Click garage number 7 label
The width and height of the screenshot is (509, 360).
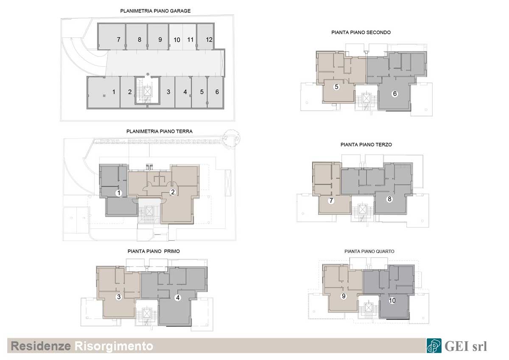point(119,39)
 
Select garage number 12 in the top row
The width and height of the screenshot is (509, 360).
point(209,39)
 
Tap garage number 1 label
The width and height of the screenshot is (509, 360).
point(114,92)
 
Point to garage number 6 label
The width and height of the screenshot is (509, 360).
point(217,92)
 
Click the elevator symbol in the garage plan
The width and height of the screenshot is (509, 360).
point(147,92)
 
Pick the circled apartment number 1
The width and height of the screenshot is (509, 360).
point(119,193)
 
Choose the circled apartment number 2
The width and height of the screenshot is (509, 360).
point(173,192)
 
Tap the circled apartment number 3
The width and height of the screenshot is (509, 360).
point(119,297)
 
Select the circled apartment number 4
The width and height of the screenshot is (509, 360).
point(178,298)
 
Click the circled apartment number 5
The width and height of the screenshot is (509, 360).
point(336,87)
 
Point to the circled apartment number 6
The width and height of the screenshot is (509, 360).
point(395,93)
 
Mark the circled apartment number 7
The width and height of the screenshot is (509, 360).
point(331,200)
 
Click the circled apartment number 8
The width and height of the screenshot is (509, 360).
point(389,199)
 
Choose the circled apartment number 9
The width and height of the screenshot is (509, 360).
point(344,296)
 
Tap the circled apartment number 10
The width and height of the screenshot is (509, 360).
point(392,301)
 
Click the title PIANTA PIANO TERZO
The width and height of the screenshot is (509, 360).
point(366,145)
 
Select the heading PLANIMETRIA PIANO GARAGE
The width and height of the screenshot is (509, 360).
point(155,11)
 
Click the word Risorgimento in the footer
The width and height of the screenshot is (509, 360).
point(114,346)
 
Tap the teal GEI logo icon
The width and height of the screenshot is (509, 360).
point(434,346)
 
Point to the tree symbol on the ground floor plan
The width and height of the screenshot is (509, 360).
point(231,138)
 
